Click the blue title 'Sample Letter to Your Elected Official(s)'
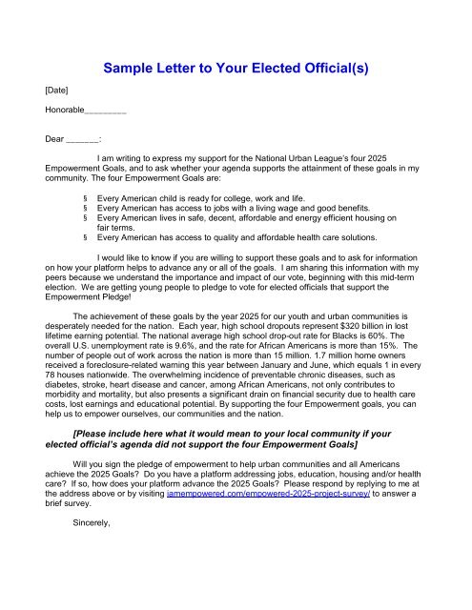coord(236,68)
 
